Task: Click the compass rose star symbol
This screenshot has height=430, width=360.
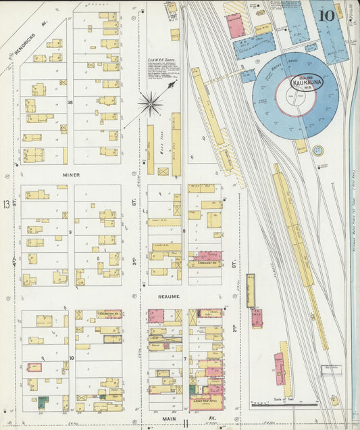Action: point(150,103)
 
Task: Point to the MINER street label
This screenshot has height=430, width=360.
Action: point(72,175)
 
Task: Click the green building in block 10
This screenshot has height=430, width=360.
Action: point(43,402)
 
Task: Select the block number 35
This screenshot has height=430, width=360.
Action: point(70,102)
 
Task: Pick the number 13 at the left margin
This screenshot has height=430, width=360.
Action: point(6,204)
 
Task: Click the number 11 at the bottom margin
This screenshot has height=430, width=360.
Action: point(184,423)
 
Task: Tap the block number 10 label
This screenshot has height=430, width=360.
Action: point(71,356)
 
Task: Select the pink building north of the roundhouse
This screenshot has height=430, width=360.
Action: point(234,26)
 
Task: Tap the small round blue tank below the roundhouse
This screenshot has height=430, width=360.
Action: point(300,146)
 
